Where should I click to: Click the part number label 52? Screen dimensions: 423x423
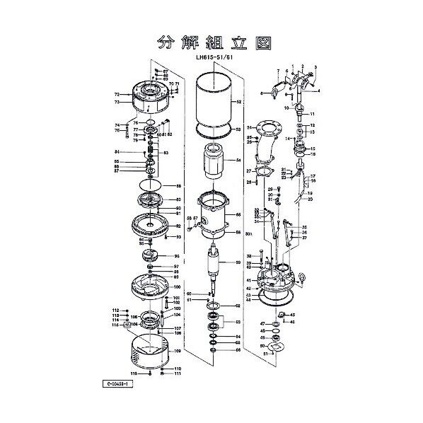click(239, 103)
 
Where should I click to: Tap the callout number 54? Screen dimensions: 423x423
click(239, 161)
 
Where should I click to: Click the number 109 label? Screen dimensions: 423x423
click(178, 351)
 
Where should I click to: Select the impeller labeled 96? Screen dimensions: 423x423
click(150, 256)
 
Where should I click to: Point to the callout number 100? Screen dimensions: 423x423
click(178, 288)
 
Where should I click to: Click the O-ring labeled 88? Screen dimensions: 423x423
click(151, 186)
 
